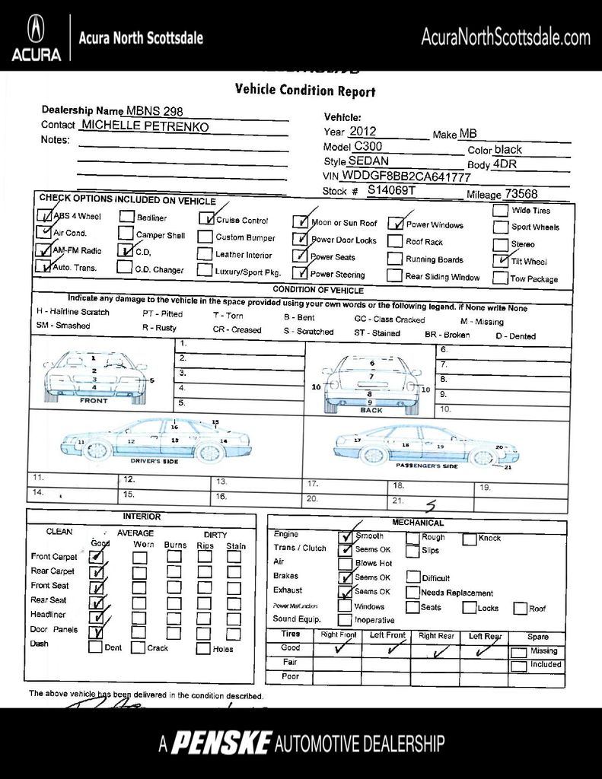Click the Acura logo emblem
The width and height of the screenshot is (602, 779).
36,30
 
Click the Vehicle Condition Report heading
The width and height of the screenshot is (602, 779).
305,90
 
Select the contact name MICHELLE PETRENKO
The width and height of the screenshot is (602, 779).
145,126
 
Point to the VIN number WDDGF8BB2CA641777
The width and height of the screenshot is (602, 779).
406,176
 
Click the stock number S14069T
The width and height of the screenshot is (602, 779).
391,190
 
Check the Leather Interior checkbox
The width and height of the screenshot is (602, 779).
205,254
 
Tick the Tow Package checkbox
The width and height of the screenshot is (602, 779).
500,278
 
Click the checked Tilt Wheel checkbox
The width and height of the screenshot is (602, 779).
500,260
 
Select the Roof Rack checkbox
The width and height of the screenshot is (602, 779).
393,241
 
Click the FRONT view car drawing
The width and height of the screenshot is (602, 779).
94,377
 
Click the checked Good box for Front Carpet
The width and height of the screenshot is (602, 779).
96,557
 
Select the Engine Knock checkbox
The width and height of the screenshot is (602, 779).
469,538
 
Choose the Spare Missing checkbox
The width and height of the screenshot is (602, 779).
518,652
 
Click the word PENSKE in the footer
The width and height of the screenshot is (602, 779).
220,743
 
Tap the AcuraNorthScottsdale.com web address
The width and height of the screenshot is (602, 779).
505,37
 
